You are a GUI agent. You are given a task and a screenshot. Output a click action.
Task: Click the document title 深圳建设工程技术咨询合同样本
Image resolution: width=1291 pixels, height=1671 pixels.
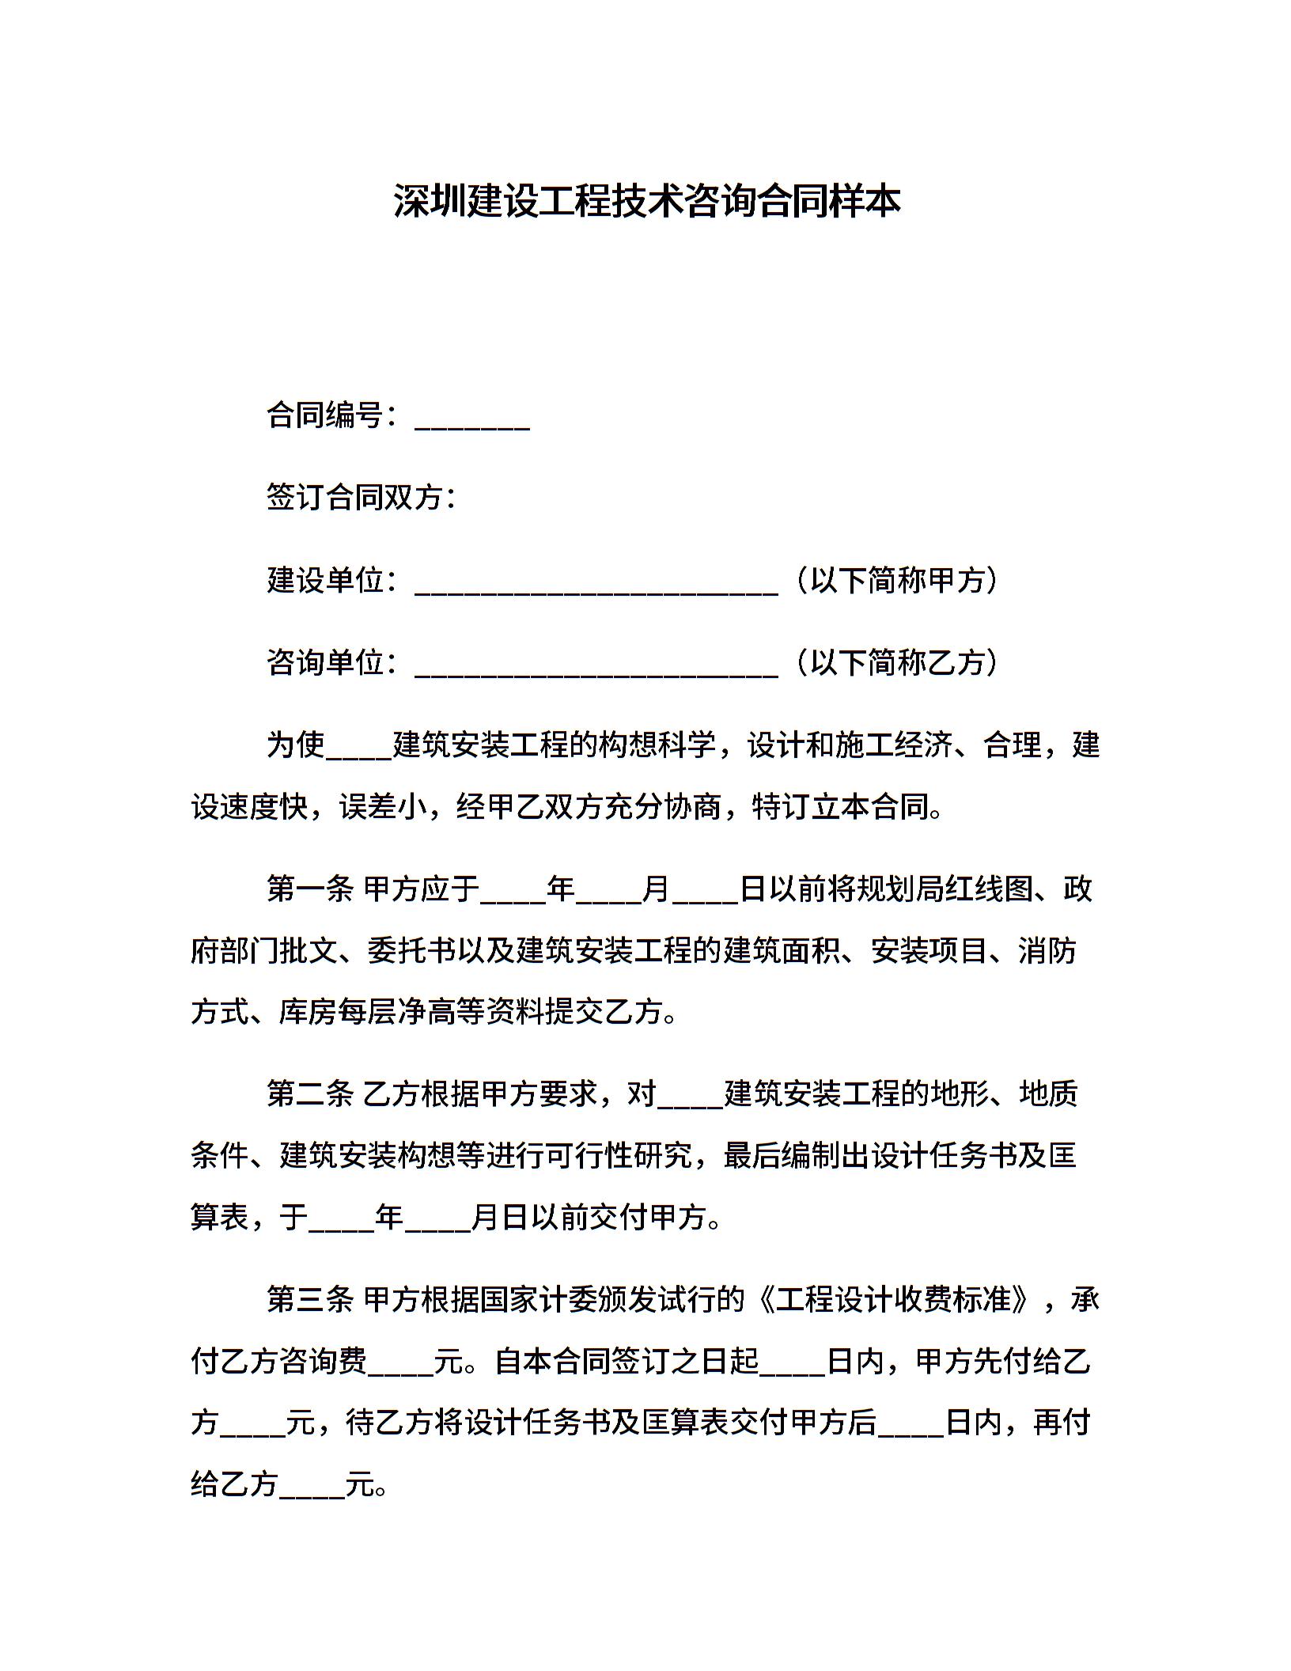[x=646, y=202]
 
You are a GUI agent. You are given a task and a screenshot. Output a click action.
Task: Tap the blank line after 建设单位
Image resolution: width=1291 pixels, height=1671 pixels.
[x=596, y=582]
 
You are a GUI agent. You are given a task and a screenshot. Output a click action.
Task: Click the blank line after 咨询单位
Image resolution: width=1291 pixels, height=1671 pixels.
[x=596, y=664]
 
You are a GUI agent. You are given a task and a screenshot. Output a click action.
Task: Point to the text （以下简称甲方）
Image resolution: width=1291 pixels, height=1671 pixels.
[x=897, y=580]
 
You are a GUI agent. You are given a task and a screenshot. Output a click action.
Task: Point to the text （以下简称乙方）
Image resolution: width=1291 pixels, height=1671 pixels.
[x=897, y=662]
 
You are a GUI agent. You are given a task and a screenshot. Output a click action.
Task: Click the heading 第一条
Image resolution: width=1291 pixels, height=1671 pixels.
[x=310, y=889]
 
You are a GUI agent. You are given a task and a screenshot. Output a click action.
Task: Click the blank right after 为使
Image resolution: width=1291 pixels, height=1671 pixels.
[x=359, y=748]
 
